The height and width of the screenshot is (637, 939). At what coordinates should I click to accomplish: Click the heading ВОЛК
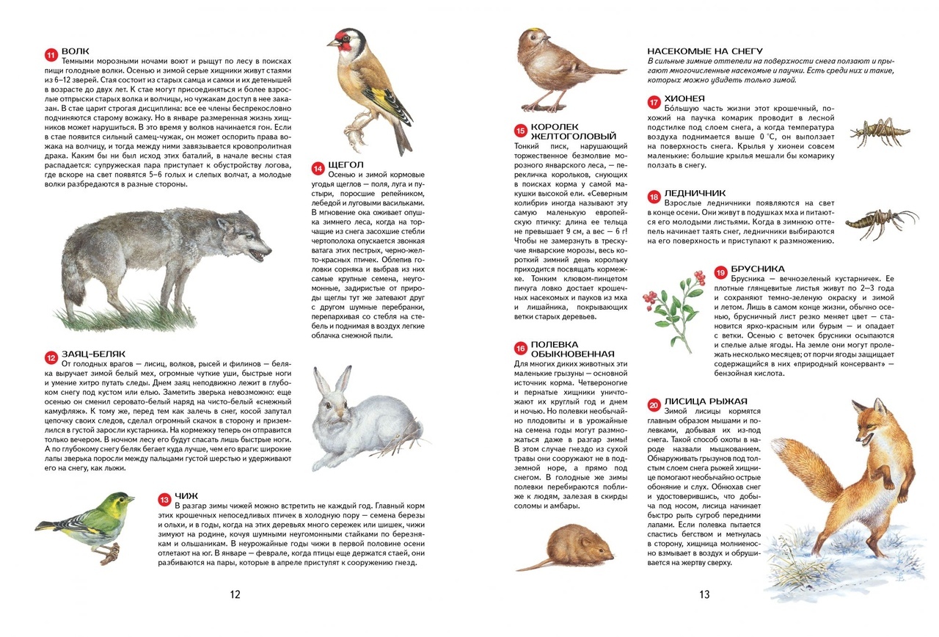tap(76, 51)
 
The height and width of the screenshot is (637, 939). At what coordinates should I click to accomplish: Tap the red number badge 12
tap(51, 357)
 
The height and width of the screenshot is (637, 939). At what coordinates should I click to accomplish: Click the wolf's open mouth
tap(259, 254)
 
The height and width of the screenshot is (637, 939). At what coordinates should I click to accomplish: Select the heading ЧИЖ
tap(186, 495)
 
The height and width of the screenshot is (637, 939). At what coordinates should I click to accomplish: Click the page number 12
tap(234, 594)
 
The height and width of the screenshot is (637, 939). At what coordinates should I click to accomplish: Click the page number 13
tap(704, 594)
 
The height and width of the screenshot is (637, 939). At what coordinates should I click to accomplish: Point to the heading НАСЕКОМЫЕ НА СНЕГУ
tap(700, 51)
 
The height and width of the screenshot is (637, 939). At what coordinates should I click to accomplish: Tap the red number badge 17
tap(654, 102)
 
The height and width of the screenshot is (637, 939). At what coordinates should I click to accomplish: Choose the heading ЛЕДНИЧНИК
tap(695, 192)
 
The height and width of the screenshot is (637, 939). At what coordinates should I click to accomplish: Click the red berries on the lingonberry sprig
tap(651, 297)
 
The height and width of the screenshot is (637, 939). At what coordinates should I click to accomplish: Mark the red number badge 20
tap(654, 404)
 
